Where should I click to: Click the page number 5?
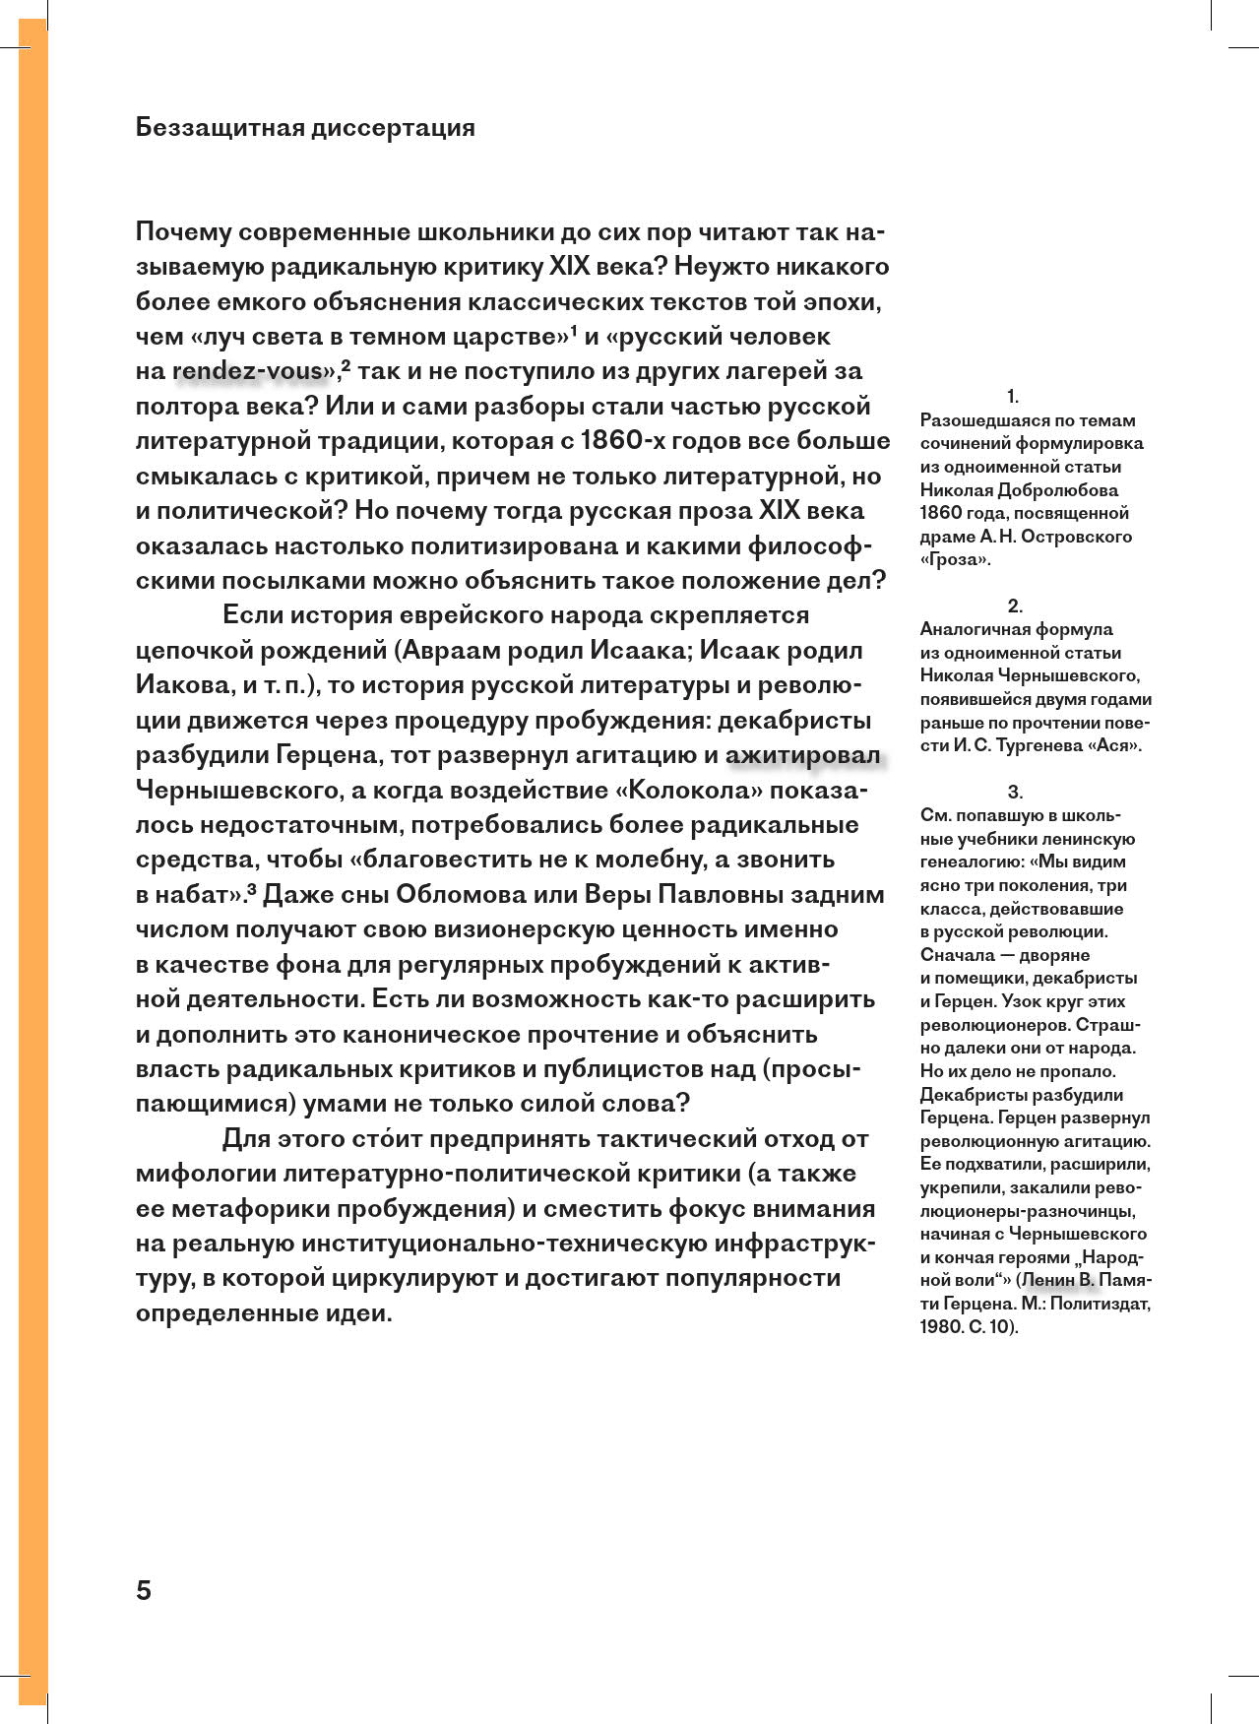[x=144, y=1590]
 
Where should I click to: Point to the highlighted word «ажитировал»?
[x=802, y=755]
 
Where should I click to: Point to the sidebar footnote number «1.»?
[x=1013, y=397]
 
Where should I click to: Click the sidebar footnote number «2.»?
[x=1015, y=607]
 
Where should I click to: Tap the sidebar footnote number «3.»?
[x=1015, y=793]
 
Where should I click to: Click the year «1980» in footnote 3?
[x=941, y=1327]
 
